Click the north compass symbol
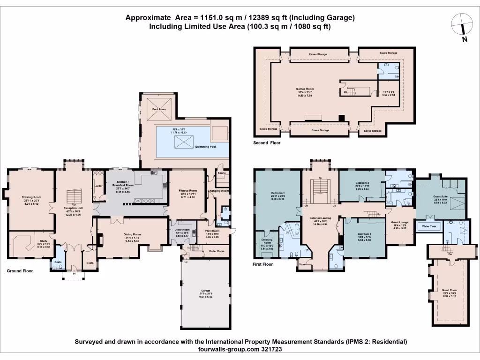pos(462,23)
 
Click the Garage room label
pos(206,291)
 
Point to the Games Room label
pos(305,89)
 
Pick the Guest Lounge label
pos(400,223)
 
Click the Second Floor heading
pos(267,142)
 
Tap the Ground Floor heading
pos(19,271)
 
